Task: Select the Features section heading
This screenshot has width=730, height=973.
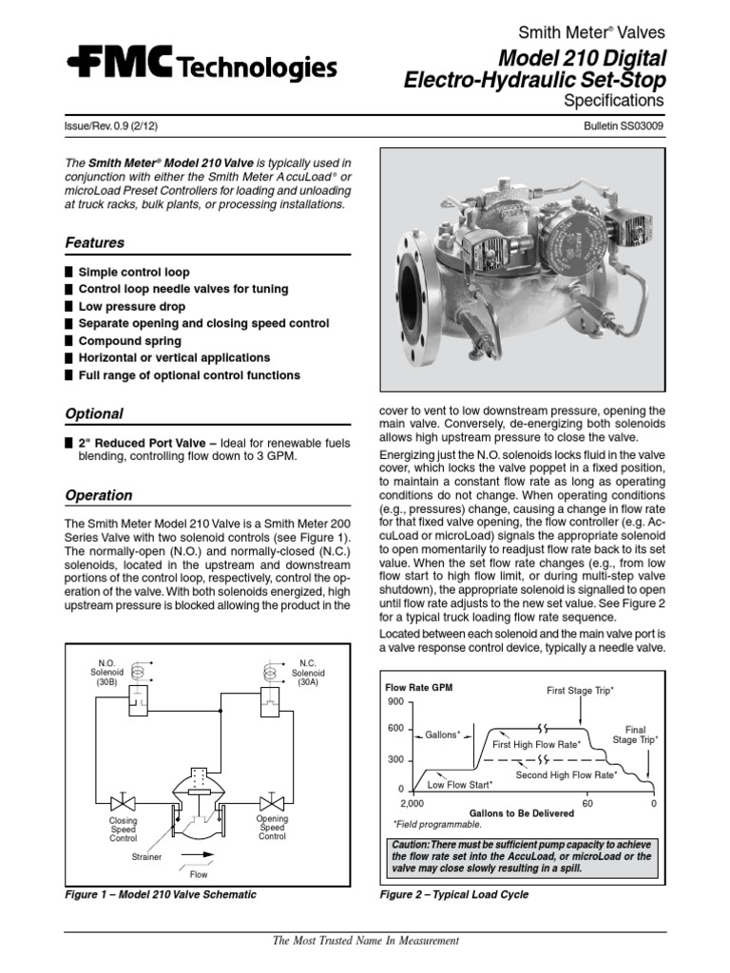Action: tap(94, 243)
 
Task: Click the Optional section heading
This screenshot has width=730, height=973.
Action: tap(93, 414)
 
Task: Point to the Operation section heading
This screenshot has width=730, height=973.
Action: tap(98, 496)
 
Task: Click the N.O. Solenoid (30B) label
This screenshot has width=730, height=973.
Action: tap(106, 673)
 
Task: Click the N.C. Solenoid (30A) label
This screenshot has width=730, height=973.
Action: tap(306, 673)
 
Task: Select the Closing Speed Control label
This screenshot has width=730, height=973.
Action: tap(124, 830)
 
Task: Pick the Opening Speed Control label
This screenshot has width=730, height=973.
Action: tap(272, 828)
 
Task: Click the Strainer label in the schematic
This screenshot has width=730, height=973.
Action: tap(146, 856)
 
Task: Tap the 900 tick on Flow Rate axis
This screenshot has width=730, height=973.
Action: tap(396, 701)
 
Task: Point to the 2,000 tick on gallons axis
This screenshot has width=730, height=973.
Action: tap(399, 803)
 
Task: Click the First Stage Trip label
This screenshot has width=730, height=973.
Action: tap(580, 690)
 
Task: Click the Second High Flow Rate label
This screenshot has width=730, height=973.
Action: tap(567, 775)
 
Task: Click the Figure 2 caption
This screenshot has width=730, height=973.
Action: tap(454, 895)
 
